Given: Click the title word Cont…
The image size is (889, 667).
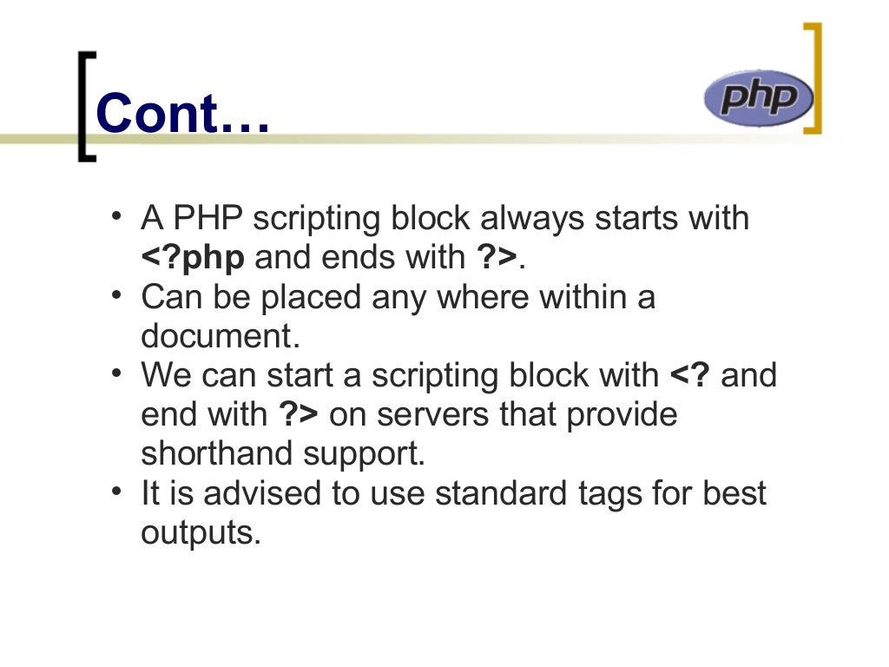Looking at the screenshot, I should point(183,114).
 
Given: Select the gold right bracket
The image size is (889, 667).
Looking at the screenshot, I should point(813,78).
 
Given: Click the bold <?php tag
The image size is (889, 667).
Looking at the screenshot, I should point(193,257).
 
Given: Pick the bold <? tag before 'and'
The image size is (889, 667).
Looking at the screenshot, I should point(690,375).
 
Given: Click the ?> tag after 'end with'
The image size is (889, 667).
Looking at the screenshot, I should point(299,414).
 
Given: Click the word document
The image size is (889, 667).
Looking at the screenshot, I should point(213,335).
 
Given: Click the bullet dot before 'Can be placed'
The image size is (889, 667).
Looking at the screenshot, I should point(116,293).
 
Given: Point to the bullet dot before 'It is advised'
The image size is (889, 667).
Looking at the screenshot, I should point(116,489).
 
